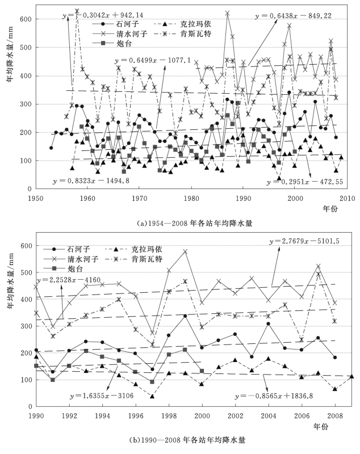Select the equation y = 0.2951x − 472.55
point(299,182)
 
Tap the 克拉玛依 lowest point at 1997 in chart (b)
point(152,396)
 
